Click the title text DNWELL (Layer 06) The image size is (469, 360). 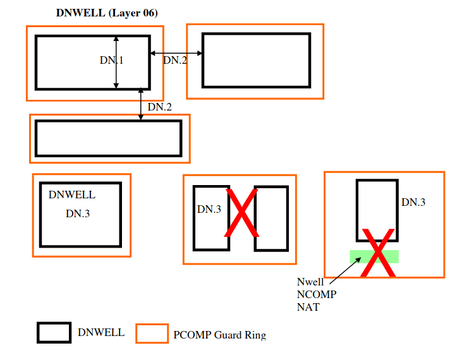pyautogui.click(x=107, y=13)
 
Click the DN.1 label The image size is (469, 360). pyautogui.click(x=111, y=61)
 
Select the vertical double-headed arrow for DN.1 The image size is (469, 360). pyautogui.click(x=116, y=62)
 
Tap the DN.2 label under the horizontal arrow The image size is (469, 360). pyautogui.click(x=175, y=61)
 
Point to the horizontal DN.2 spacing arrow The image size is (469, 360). pyautogui.click(x=176, y=53)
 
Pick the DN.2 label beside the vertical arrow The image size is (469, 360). pyautogui.click(x=160, y=107)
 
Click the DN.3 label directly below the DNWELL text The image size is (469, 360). pyautogui.click(x=78, y=213)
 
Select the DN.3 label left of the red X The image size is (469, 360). pyautogui.click(x=209, y=209)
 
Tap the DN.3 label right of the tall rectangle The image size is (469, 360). pyautogui.click(x=413, y=202)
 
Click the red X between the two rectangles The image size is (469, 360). pyautogui.click(x=241, y=214)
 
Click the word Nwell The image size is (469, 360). pyautogui.click(x=310, y=282)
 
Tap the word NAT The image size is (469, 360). pyautogui.click(x=308, y=308)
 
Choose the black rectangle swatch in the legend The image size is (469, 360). pyautogui.click(x=53, y=333)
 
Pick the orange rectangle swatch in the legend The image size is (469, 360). pyautogui.click(x=152, y=333)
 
